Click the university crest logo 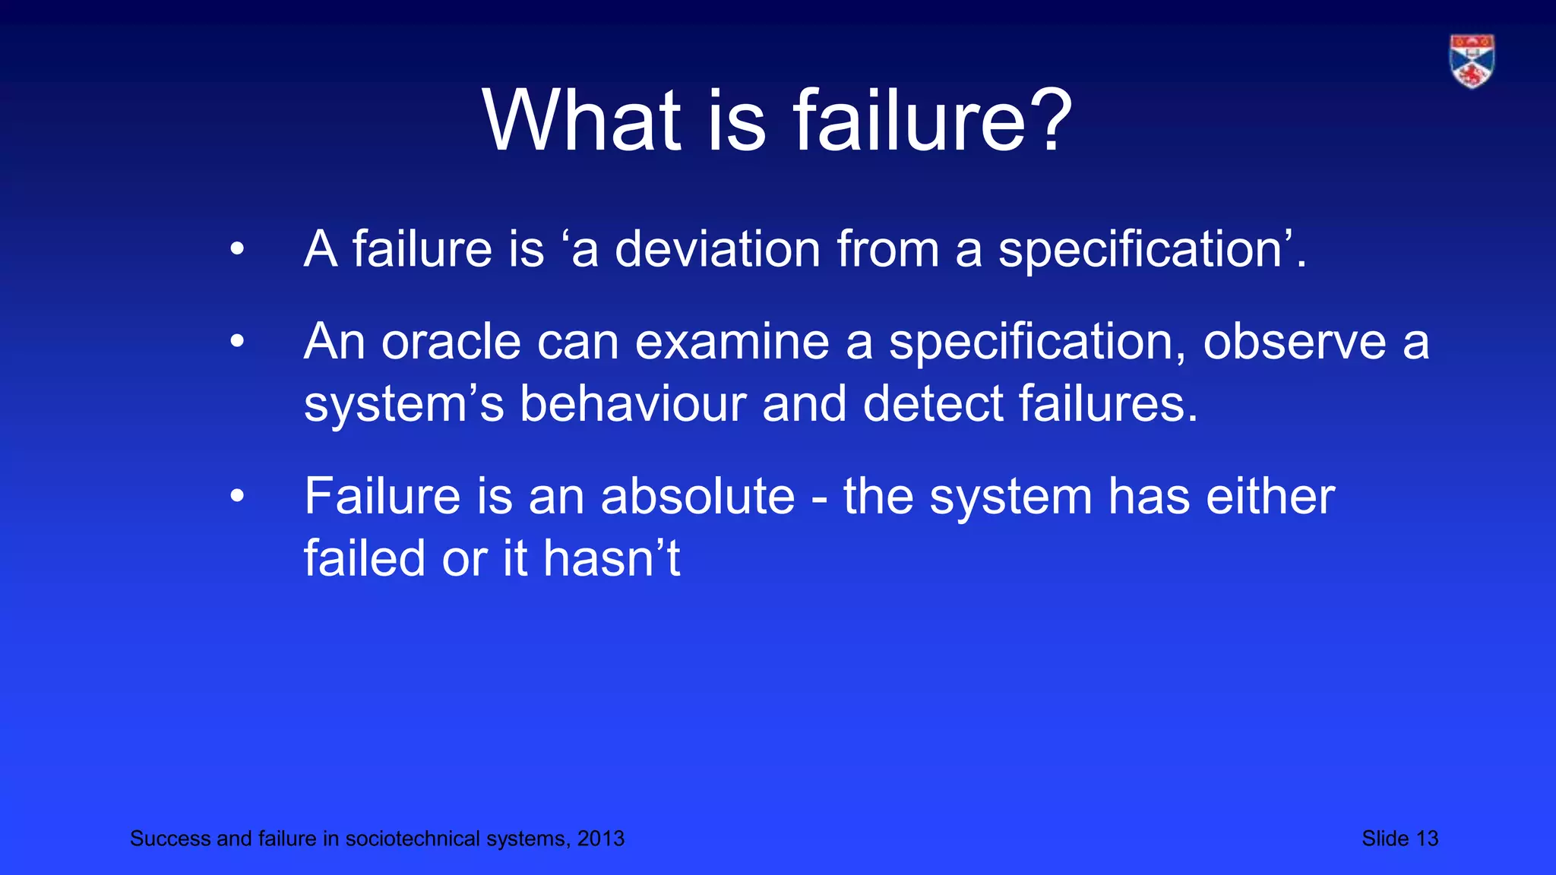[1472, 62]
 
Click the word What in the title [582, 122]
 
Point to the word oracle [451, 343]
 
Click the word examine [732, 343]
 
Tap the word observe [1295, 343]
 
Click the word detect [933, 404]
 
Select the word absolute [697, 498]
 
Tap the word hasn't [611, 559]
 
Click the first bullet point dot [238, 249]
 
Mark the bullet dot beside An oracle [238, 343]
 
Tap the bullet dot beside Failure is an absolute [238, 498]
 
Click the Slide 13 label [1399, 839]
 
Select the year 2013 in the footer [600, 839]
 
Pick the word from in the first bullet [888, 250]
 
